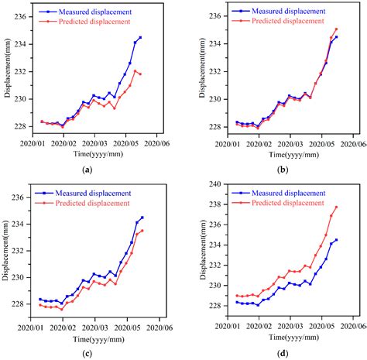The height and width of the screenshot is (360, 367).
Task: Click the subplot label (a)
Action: tap(87, 170)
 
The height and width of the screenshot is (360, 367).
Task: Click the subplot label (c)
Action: tap(87, 353)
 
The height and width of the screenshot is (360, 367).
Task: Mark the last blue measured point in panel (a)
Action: tap(140, 37)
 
